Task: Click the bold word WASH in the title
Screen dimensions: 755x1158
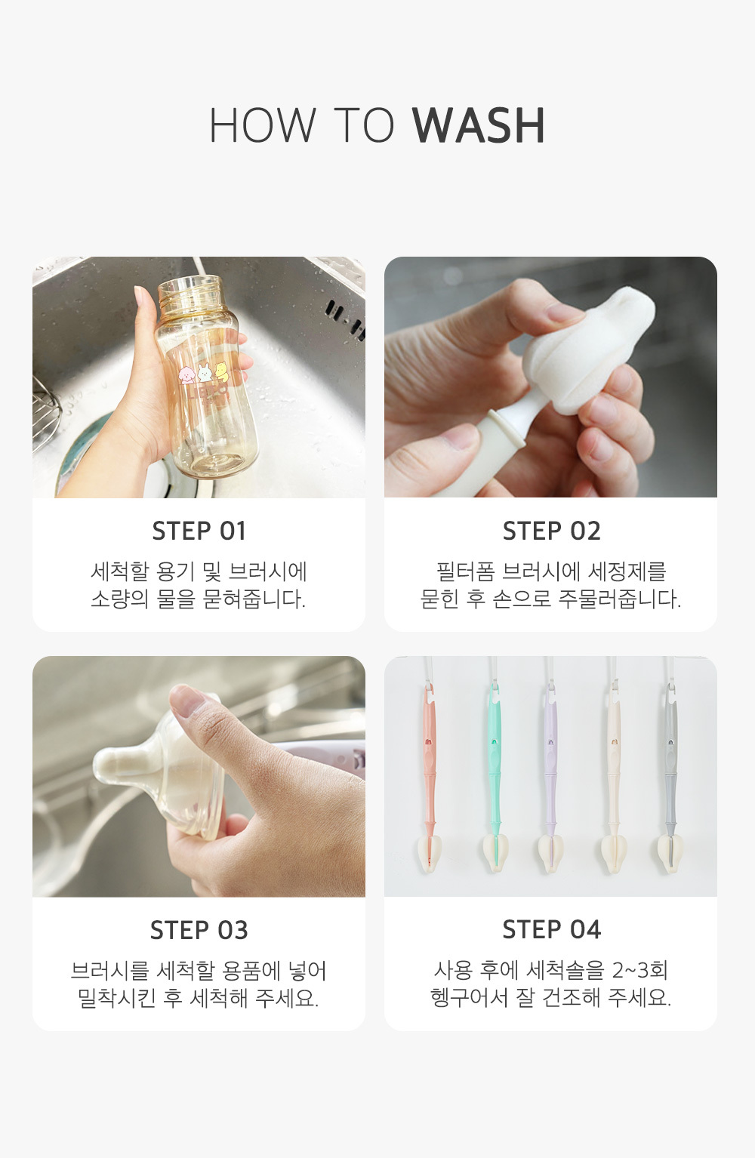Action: coord(479,125)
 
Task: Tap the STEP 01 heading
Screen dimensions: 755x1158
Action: coord(199,531)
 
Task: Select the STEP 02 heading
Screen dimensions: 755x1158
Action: coord(552,531)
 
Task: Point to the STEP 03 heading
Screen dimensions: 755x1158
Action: coord(199,930)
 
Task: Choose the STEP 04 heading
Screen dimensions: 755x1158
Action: coord(552,929)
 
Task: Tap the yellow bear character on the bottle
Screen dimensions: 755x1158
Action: coord(221,370)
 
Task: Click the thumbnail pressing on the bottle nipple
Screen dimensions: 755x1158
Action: coord(187,700)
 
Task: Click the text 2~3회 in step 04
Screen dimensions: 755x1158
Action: coord(639,969)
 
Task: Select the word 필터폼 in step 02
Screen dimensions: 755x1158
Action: coord(465,571)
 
